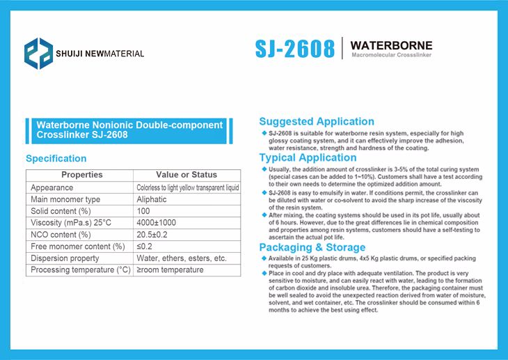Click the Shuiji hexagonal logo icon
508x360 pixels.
tap(38, 53)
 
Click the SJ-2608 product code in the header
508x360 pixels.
tap(295, 49)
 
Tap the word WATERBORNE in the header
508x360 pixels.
tap(391, 45)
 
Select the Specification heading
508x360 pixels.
tap(56, 158)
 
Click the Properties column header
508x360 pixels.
tap(81, 175)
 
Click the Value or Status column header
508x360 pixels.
tap(186, 175)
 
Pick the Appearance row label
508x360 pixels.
tap(52, 187)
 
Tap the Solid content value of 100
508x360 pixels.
tap(143, 211)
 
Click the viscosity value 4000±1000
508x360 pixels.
tap(156, 223)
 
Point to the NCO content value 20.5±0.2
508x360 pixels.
tap(153, 235)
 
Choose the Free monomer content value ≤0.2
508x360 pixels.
tap(144, 246)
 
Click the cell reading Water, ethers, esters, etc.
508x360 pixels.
tap(182, 258)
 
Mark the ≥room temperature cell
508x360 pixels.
tap(170, 270)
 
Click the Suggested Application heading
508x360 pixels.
tap(317, 121)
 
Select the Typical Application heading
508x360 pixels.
tap(308, 157)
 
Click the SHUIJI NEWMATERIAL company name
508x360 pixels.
tap(100, 54)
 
